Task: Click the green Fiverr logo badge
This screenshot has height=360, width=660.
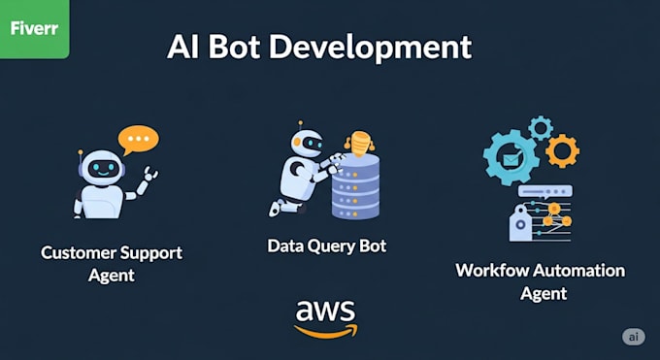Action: coord(34,28)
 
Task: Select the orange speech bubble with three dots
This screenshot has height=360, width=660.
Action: coord(138,141)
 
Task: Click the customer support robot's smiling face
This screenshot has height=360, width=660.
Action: coord(104,168)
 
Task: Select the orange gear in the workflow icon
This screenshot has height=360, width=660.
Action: coord(561,150)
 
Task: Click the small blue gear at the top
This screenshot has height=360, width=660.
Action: coord(541,126)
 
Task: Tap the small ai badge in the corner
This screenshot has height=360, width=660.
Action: coord(633,336)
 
